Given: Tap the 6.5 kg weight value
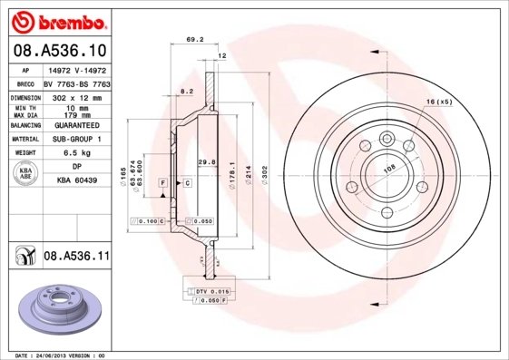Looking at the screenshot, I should click(78, 153).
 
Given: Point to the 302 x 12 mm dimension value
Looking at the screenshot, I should click(78, 95).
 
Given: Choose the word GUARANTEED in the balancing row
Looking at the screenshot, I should click(78, 124).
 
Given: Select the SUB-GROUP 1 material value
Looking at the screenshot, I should click(78, 139).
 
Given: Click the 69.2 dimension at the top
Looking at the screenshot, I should click(193, 40).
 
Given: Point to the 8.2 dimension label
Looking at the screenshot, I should click(186, 92).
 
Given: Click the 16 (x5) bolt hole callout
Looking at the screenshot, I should click(439, 102).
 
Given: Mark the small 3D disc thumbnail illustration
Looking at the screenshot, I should click(60, 309).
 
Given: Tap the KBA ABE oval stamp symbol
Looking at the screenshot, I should click(26, 174).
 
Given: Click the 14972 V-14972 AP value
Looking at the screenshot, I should click(78, 68).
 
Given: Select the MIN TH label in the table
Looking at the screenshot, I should click(24, 108).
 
